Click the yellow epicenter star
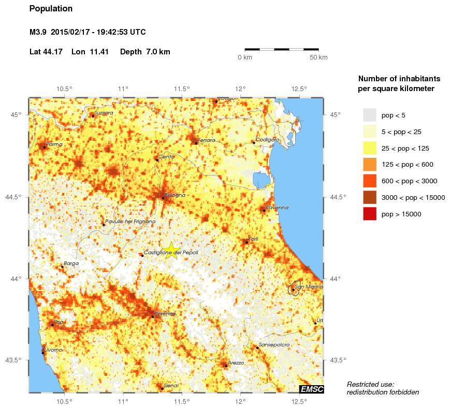(x=171, y=250)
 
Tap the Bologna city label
(x=175, y=195)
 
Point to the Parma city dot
(x=44, y=147)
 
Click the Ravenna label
(x=278, y=208)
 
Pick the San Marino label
(x=309, y=286)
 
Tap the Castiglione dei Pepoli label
(x=171, y=253)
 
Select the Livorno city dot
(x=43, y=353)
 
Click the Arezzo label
(x=236, y=363)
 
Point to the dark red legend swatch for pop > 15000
(x=369, y=213)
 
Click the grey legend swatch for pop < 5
(x=369, y=115)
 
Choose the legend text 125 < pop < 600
(x=407, y=165)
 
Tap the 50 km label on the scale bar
(x=318, y=57)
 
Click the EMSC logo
(x=312, y=389)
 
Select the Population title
(x=51, y=9)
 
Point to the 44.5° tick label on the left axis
(x=16, y=197)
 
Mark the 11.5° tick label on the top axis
(x=182, y=88)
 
